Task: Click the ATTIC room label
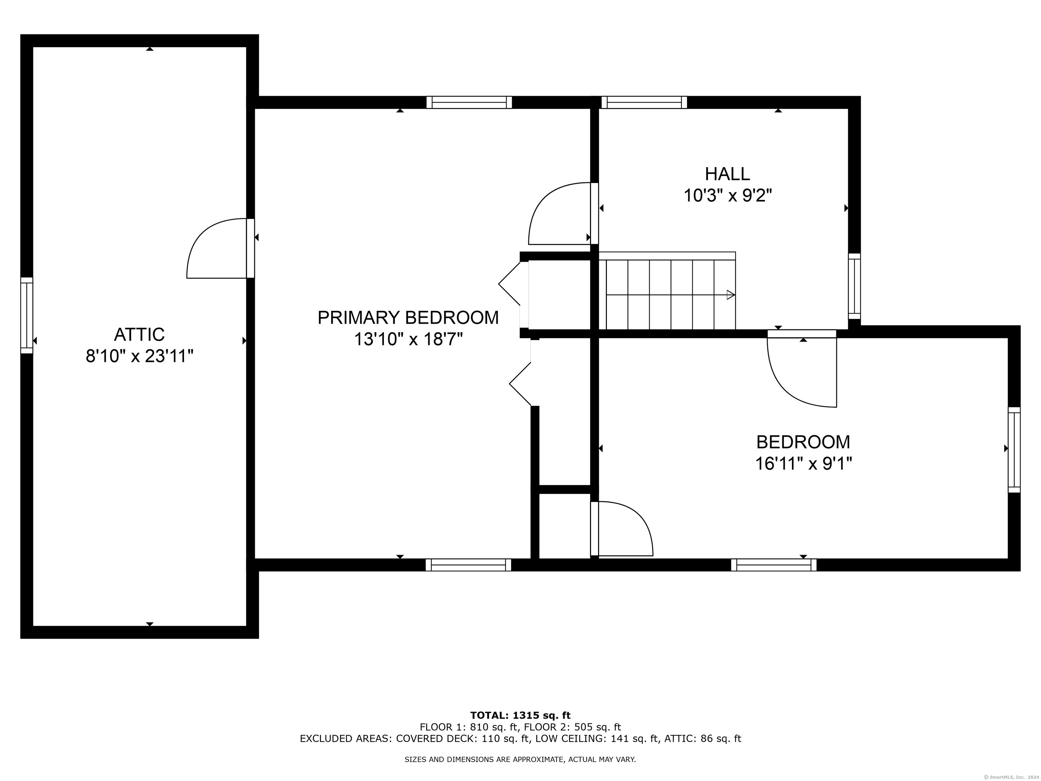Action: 139,334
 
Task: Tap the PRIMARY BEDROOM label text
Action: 408,318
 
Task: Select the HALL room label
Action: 727,174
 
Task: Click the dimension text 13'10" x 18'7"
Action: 408,339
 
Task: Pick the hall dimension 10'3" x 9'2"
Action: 728,195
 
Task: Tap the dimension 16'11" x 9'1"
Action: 803,464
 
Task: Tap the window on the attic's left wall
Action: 27,315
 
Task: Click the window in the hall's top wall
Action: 644,102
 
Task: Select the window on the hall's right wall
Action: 854,286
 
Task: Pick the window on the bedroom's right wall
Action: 1014,449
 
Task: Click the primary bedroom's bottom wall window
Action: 468,565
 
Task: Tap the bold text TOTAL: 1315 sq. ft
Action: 520,716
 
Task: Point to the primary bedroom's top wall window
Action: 469,102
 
